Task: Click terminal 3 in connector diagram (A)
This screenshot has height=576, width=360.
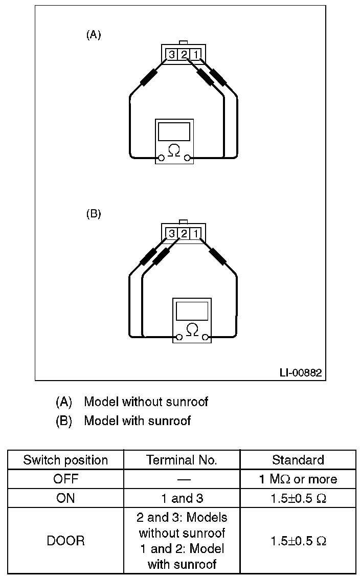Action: (x=171, y=54)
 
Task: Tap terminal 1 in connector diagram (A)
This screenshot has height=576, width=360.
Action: (x=196, y=54)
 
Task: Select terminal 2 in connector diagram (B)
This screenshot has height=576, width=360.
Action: (x=184, y=233)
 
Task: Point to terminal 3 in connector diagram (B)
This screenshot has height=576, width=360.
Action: (x=171, y=233)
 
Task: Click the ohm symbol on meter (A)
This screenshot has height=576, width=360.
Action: (x=174, y=150)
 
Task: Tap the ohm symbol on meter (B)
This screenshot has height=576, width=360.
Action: (x=192, y=329)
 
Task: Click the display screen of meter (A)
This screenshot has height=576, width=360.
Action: (x=174, y=132)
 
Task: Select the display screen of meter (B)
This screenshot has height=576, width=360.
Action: (x=192, y=311)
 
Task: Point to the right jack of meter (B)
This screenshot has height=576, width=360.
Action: (x=206, y=337)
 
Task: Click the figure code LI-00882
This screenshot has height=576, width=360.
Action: (x=301, y=372)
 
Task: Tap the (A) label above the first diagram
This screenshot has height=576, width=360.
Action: (x=94, y=35)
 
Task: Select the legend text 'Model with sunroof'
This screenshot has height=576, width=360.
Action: (x=137, y=420)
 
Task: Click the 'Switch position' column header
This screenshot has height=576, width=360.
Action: (x=65, y=460)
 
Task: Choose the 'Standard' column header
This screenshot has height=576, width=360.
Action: (x=298, y=460)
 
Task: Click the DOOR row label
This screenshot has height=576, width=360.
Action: (x=65, y=541)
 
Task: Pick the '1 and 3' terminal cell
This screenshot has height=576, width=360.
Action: (x=182, y=498)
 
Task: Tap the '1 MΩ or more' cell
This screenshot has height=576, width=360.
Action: (x=298, y=479)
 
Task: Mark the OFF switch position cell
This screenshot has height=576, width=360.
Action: (x=65, y=479)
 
